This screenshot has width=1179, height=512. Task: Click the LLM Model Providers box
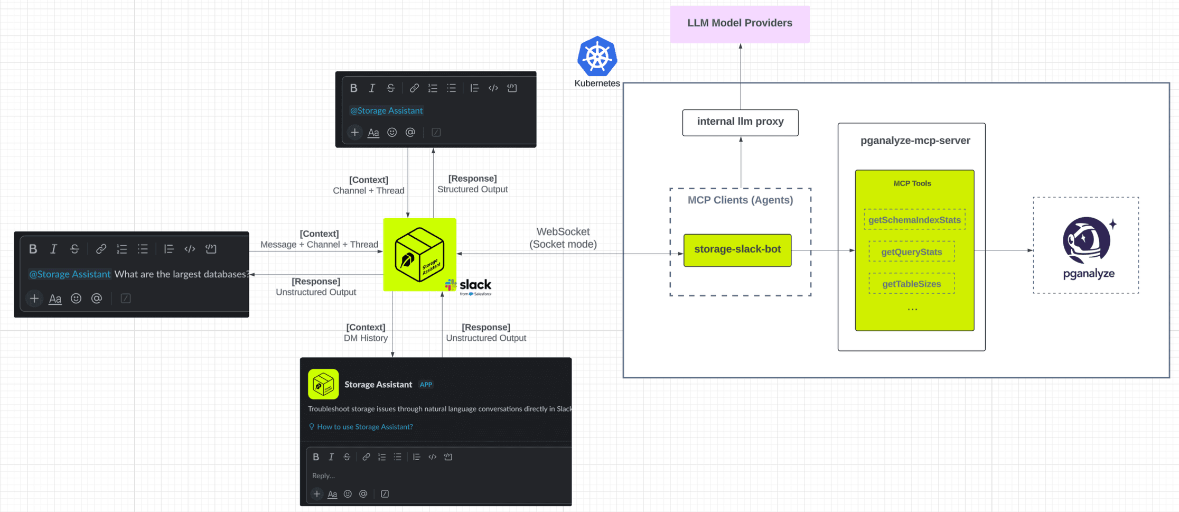(x=740, y=24)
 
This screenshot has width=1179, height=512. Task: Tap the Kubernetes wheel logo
(x=597, y=57)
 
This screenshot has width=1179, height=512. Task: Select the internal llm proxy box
(x=740, y=122)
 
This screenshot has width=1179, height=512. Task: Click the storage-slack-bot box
(x=737, y=250)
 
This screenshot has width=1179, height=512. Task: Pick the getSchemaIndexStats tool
(x=914, y=220)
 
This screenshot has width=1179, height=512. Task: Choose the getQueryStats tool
(x=912, y=252)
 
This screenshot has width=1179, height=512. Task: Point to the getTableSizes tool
(x=912, y=284)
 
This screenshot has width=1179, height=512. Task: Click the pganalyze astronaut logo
(x=1087, y=240)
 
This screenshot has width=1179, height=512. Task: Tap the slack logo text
(x=475, y=285)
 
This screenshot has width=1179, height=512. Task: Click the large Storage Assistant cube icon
(x=419, y=254)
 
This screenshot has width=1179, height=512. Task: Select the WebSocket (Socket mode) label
(x=563, y=238)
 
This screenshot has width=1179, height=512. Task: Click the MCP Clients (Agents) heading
(x=740, y=200)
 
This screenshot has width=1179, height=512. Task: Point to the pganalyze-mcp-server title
(x=915, y=141)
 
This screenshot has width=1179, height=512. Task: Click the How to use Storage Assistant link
(x=364, y=427)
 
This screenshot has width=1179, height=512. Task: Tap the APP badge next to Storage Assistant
(x=426, y=385)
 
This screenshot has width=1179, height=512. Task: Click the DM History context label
(x=366, y=338)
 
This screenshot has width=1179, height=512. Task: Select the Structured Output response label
(x=472, y=189)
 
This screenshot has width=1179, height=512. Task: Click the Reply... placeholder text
(x=323, y=476)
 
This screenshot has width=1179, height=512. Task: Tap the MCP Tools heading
(x=912, y=183)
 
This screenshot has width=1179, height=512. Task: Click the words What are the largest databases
(x=181, y=274)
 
